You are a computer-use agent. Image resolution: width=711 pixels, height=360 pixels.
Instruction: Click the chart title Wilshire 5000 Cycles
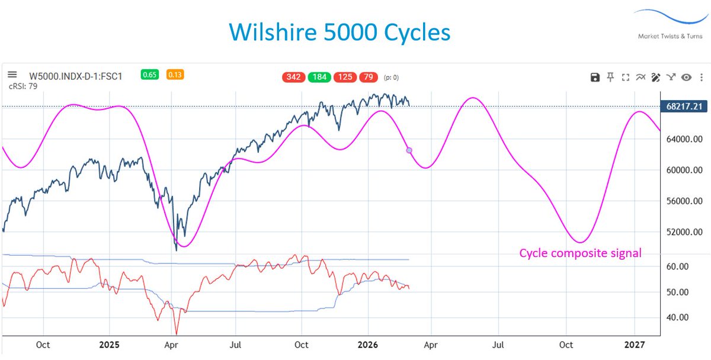340,32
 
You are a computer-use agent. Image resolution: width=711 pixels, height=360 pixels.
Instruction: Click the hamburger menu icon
12,75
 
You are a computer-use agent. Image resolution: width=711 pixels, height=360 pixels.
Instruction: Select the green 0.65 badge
149,75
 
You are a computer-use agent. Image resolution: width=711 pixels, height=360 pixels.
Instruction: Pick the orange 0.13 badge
174,75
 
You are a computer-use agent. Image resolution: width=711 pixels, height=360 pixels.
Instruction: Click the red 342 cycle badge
294,78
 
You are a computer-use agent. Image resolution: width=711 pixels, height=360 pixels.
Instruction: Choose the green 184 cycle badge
319,78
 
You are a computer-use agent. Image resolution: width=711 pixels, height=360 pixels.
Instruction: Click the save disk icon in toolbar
595,77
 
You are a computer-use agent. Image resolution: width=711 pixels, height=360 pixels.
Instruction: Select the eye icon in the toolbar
687,77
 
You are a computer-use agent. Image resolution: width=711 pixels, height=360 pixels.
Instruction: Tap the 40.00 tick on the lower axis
678,317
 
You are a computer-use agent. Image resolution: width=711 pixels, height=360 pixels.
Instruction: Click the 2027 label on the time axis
635,344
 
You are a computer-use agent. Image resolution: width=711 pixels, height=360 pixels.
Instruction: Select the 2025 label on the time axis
109,344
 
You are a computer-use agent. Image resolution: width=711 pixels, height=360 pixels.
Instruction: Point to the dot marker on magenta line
409,150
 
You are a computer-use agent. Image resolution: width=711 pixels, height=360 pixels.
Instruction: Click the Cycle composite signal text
580,253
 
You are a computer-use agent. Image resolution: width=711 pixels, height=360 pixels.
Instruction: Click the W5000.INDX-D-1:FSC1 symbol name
75,75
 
